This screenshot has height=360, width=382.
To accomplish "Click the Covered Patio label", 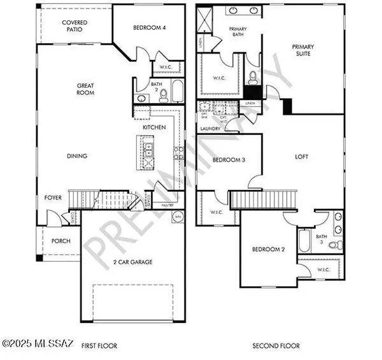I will coord(74,26).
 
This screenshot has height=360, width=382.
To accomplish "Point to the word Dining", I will coord(76,156).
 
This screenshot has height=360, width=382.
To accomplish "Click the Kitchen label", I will coord(154,127).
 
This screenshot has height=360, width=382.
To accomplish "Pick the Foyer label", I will coord(53,198).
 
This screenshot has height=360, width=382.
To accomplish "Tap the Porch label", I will coord(61,241).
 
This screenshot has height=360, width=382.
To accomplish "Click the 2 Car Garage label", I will coord(132,262).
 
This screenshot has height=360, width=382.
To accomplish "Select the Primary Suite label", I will coord(303,50).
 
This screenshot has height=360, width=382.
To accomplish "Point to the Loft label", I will coord(302,156).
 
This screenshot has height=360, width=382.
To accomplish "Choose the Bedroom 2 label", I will coord(268,249).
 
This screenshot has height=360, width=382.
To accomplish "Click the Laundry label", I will coord(210,129).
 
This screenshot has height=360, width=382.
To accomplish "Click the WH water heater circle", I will coord(178,217).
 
